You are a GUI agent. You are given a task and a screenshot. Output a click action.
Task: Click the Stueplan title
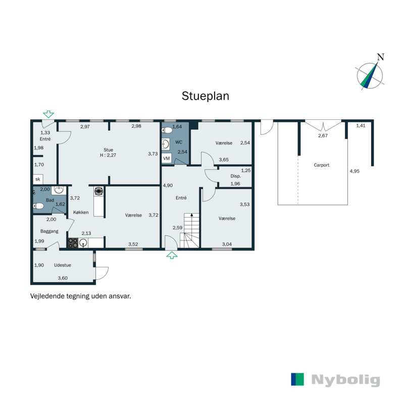tap(206, 96)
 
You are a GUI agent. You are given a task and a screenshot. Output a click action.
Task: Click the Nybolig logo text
tap(345, 380)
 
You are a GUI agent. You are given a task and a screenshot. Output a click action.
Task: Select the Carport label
tap(322, 165)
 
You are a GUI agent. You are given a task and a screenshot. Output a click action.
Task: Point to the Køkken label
tap(81, 213)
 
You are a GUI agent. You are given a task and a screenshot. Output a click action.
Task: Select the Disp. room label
tap(235, 176)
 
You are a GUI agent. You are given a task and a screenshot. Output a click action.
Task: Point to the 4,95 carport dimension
tap(355, 172)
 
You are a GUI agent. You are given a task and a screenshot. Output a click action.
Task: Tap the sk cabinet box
tap(37, 179)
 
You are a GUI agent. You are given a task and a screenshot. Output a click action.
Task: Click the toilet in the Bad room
tap(38, 206)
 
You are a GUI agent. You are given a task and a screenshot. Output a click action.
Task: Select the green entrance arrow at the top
tap(48, 114)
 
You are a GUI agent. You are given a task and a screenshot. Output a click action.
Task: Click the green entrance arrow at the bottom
tap(172, 256)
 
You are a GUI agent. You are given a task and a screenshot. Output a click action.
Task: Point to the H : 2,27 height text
tap(108, 156)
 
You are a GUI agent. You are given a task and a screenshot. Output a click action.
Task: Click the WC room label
tap(179, 142)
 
